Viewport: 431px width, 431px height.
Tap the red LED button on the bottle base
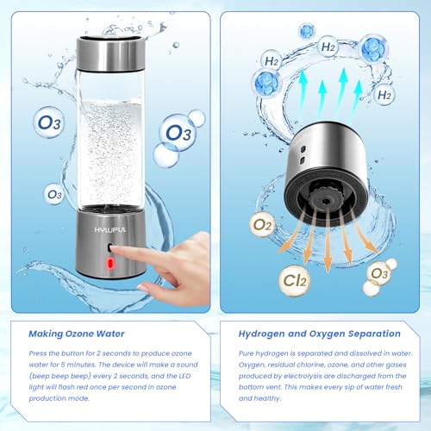pyautogui.click(x=112, y=261)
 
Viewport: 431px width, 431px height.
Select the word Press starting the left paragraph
pyautogui.click(x=38, y=353)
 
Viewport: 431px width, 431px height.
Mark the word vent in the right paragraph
pyautogui.click(x=286, y=386)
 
